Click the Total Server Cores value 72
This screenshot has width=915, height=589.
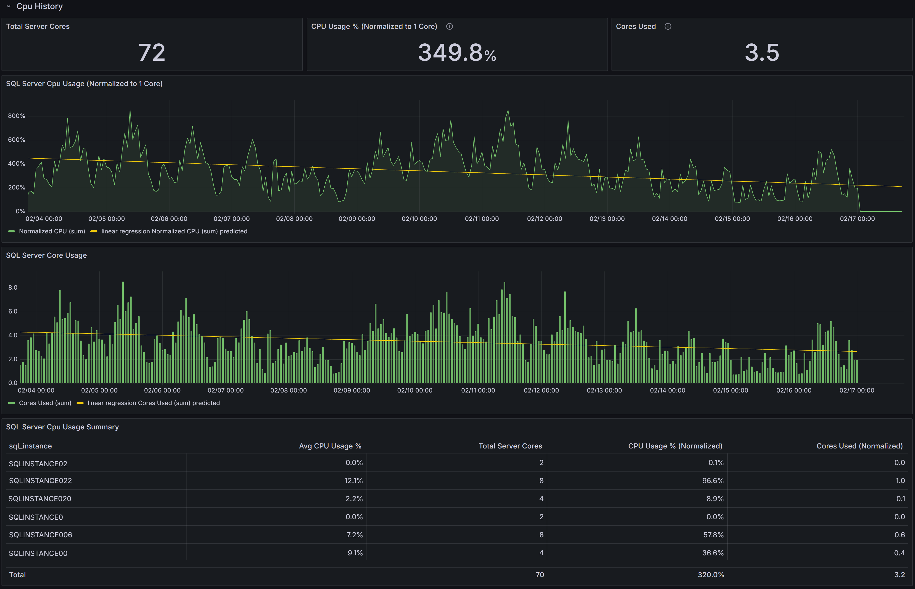point(152,52)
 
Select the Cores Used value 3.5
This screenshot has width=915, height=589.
point(762,52)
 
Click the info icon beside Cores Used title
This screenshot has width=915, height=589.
point(668,26)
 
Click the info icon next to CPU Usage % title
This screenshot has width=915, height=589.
point(449,26)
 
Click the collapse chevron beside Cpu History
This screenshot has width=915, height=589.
point(9,7)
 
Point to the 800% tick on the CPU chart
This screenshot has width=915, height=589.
point(17,116)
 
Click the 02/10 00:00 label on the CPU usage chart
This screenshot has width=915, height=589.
point(419,219)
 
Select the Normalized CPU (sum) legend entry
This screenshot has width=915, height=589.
point(52,231)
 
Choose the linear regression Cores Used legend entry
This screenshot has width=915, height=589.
point(153,403)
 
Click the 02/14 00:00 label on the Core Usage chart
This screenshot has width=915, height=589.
point(667,390)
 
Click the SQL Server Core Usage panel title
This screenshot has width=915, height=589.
point(46,255)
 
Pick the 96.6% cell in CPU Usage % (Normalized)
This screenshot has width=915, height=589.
point(713,481)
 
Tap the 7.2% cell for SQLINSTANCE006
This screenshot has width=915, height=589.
point(354,535)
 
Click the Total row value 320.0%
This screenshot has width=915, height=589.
point(710,575)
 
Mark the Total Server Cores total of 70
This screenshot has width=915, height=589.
point(539,575)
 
